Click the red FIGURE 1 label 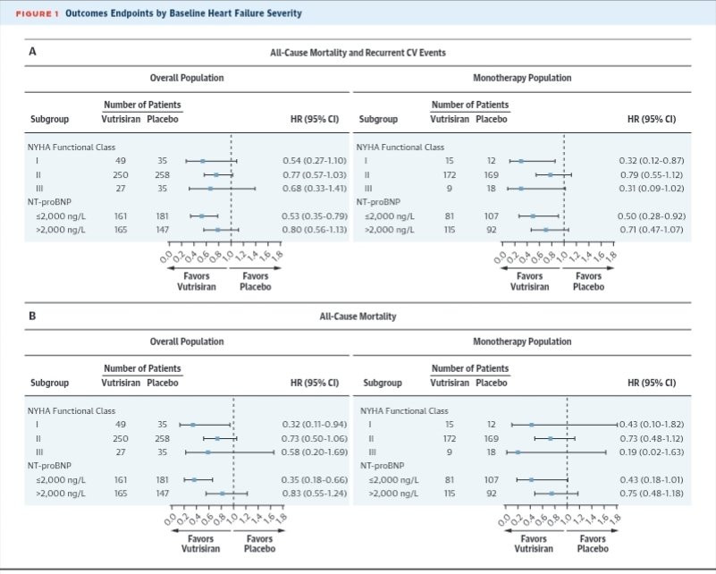(38, 13)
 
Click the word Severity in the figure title (284, 13)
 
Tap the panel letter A (32, 52)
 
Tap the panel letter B (32, 316)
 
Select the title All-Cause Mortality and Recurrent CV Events (358, 53)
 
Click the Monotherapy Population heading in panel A (522, 78)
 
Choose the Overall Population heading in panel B (187, 342)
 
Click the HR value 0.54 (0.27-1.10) (315, 161)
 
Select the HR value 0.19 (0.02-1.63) (652, 452)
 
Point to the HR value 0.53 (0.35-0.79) (315, 216)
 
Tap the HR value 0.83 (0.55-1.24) (315, 494)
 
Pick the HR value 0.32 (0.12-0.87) (652, 161)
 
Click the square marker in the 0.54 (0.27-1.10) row (203, 161)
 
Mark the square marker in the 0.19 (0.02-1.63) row (518, 452)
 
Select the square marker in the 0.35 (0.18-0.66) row (194, 480)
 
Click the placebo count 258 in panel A (162, 175)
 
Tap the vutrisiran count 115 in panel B (450, 494)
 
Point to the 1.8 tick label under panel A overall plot (278, 255)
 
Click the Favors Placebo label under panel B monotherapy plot (593, 544)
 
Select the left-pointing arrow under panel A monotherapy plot (530, 268)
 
